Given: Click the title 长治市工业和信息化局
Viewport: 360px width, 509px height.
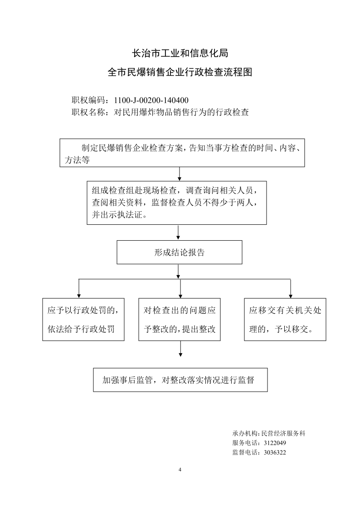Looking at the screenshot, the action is [x=180, y=53].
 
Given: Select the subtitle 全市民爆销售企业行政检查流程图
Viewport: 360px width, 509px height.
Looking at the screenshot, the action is [x=180, y=72].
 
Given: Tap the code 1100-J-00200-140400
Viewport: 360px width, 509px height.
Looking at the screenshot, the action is [x=151, y=100].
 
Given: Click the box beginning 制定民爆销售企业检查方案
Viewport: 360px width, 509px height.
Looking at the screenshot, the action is [x=182, y=153].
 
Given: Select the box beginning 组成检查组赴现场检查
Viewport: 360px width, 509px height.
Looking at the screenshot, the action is [x=176, y=203].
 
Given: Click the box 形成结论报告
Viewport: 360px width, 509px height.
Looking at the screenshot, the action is [x=180, y=252].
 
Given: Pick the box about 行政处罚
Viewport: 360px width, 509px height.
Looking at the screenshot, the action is [x=83, y=320].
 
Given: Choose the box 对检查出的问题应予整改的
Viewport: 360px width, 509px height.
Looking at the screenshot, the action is [x=180, y=320].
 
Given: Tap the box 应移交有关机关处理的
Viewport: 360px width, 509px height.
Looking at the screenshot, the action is [x=285, y=320].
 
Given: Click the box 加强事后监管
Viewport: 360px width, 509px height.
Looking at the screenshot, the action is [x=180, y=380].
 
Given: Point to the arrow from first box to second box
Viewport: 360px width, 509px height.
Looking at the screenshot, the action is [x=179, y=174].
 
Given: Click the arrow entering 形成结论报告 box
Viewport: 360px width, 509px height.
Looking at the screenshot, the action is [x=178, y=233].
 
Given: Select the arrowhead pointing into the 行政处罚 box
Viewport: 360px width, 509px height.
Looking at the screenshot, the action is [x=79, y=296].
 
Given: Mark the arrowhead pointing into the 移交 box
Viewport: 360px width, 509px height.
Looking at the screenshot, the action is [x=291, y=296].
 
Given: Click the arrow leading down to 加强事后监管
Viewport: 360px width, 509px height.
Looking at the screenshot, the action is [x=180, y=349].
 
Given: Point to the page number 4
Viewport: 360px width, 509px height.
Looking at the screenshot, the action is [x=180, y=470].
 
